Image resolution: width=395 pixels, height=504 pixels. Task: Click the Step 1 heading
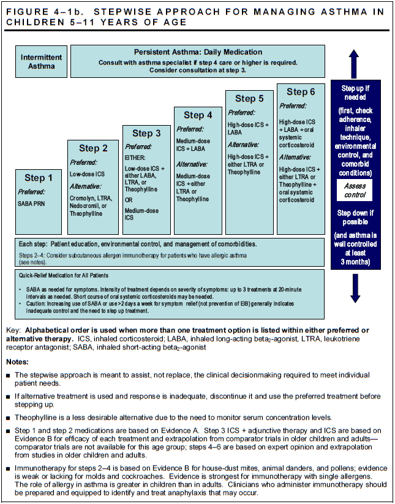(43, 178)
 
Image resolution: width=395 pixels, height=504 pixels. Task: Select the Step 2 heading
(93, 148)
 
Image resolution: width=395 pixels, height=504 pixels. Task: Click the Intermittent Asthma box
(42, 61)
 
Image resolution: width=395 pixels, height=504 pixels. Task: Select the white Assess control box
(355, 190)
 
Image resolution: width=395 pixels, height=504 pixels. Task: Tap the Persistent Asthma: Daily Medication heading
(198, 53)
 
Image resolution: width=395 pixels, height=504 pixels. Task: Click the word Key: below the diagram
(12, 330)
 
